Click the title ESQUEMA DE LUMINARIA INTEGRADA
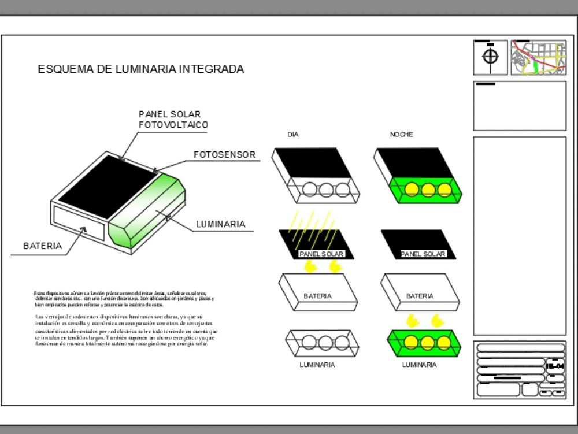pyautogui.click(x=140, y=69)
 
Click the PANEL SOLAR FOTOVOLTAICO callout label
pyautogui.click(x=173, y=120)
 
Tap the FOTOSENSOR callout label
pyautogui.click(x=224, y=155)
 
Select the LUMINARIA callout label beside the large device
pyautogui.click(x=221, y=224)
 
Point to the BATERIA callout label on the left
pyautogui.click(x=42, y=246)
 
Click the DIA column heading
pyautogui.click(x=293, y=135)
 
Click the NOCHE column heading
pyautogui.click(x=401, y=135)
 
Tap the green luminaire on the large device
pyautogui.click(x=147, y=211)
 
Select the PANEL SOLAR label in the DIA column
pyautogui.click(x=321, y=254)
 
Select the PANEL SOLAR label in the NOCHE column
pyautogui.click(x=423, y=254)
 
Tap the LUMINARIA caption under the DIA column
pyautogui.click(x=317, y=365)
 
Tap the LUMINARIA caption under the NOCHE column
pyautogui.click(x=419, y=365)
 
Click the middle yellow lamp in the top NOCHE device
pyautogui.click(x=428, y=190)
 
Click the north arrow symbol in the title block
pyautogui.click(x=490, y=57)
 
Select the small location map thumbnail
pyautogui.click(x=538, y=57)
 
